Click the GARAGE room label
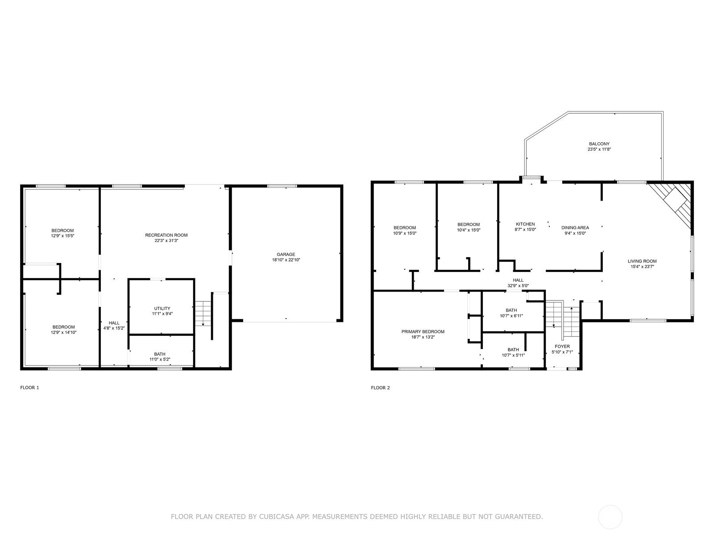286,255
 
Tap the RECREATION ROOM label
166,235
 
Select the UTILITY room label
162,309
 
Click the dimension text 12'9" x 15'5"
62,236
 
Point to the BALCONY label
599,144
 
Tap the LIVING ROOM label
642,261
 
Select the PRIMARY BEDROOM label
423,332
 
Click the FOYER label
562,346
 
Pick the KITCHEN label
525,224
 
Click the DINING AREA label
575,227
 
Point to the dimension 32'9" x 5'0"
518,286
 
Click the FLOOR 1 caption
30,388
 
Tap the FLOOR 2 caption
380,388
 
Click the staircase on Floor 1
203,313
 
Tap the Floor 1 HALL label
114,323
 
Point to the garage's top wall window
282,186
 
